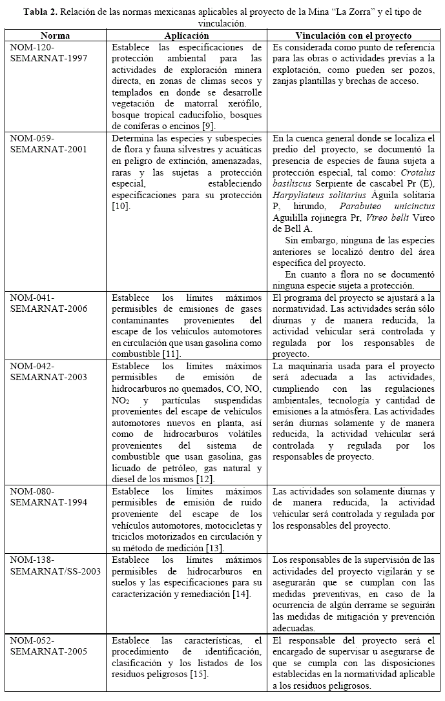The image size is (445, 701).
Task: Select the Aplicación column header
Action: tap(187, 36)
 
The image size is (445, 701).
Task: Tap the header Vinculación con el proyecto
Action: tap(353, 36)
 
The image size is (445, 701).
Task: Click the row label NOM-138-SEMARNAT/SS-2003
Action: tap(56, 565)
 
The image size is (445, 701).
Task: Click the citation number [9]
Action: tap(209, 125)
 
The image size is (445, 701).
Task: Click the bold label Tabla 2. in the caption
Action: tap(43, 12)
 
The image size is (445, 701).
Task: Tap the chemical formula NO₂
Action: tap(119, 401)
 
